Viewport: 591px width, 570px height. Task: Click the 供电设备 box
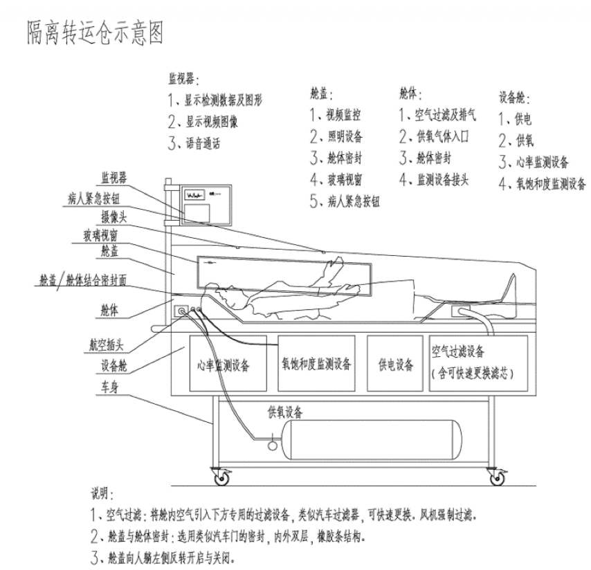[395, 364]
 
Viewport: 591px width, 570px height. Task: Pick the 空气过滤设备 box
[477, 362]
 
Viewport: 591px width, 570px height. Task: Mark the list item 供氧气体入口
[439, 136]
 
